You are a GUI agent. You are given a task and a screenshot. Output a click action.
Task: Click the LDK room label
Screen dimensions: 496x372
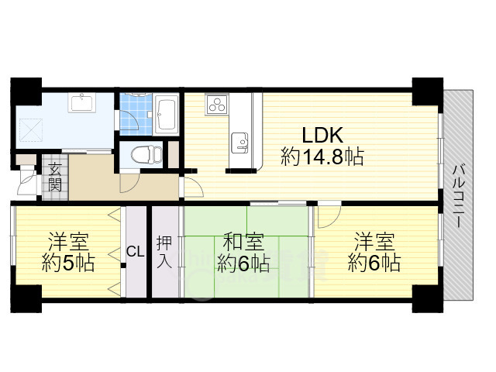click(322, 135)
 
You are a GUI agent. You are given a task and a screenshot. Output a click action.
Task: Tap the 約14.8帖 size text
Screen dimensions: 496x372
click(322, 157)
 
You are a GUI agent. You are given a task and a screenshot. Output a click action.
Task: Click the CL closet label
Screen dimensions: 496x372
click(136, 252)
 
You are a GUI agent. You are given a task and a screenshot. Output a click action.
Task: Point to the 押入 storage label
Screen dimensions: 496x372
click(164, 252)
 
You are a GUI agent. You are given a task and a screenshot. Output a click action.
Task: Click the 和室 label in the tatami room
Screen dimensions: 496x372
click(243, 242)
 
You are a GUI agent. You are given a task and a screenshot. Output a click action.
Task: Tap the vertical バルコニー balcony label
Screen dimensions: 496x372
click(458, 196)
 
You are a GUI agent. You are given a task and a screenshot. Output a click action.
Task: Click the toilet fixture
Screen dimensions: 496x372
click(146, 155)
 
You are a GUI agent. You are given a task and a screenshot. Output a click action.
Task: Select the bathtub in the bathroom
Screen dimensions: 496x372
click(166, 115)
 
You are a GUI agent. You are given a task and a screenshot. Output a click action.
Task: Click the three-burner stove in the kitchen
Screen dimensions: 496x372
click(217, 105)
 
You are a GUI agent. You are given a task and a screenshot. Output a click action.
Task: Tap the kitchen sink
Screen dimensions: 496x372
click(239, 143)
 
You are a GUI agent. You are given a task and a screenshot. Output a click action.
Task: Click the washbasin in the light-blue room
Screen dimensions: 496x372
click(82, 102)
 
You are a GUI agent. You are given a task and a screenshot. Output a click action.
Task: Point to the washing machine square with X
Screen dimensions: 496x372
click(32, 129)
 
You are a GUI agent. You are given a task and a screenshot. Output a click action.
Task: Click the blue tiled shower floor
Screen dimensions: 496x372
click(136, 115)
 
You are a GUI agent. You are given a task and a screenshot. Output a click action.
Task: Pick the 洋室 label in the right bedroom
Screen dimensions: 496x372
click(374, 242)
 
